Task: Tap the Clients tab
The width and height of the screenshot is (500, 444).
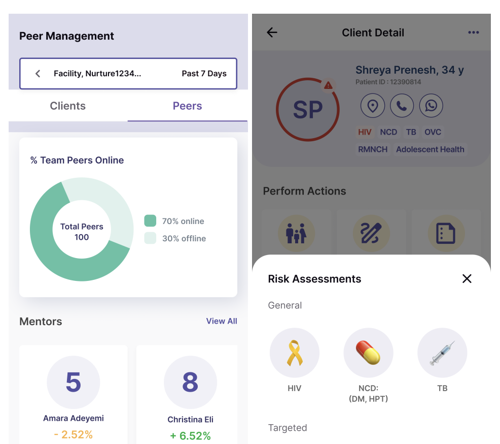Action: pyautogui.click(x=67, y=106)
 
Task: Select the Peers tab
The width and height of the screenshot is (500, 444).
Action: pyautogui.click(x=187, y=106)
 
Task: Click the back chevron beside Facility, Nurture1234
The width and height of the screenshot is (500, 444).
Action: pyautogui.click(x=38, y=74)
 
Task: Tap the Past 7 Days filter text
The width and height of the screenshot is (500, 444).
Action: pyautogui.click(x=204, y=74)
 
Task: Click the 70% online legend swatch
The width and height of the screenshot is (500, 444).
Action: pyautogui.click(x=150, y=220)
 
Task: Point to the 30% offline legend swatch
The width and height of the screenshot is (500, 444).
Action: pyautogui.click(x=150, y=238)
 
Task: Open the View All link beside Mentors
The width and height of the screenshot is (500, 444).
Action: pyautogui.click(x=222, y=321)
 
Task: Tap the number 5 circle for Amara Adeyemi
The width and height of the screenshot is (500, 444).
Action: pyautogui.click(x=74, y=382)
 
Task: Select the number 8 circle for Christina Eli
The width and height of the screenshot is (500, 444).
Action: pyautogui.click(x=190, y=382)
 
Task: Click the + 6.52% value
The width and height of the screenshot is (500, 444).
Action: pyautogui.click(x=190, y=436)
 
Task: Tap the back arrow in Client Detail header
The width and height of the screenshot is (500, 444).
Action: pyautogui.click(x=272, y=33)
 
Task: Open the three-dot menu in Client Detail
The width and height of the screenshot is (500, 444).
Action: pyautogui.click(x=474, y=33)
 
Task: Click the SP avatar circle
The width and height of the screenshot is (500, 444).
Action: pyautogui.click(x=308, y=110)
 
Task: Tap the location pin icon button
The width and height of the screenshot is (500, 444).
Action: pyautogui.click(x=372, y=105)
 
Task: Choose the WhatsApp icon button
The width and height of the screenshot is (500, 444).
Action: pyautogui.click(x=431, y=105)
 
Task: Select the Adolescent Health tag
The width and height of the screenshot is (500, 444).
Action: pyautogui.click(x=430, y=149)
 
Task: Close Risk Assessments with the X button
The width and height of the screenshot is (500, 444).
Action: pyautogui.click(x=467, y=278)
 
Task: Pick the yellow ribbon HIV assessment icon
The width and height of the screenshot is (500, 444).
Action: pyautogui.click(x=295, y=353)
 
